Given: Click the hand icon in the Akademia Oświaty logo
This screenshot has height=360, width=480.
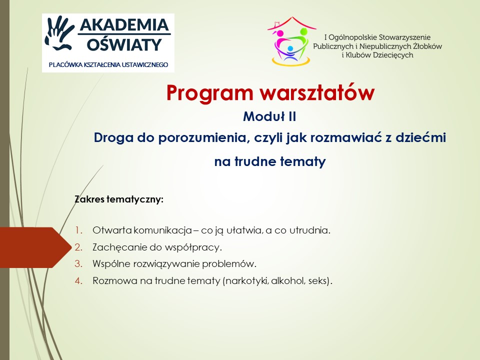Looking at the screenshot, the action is [x=59, y=33].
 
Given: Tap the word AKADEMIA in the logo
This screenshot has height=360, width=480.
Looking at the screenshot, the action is [x=124, y=25].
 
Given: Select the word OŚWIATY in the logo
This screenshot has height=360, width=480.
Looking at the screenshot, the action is [x=124, y=44].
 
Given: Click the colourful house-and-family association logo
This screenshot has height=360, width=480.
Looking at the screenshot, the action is [x=291, y=41].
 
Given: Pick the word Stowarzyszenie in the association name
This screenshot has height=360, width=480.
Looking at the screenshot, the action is [x=404, y=37].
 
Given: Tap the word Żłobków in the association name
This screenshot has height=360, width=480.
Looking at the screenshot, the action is [x=427, y=46].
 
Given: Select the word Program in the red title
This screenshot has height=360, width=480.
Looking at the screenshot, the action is [x=209, y=93].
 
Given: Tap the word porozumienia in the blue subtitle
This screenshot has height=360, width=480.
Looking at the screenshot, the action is [x=202, y=138].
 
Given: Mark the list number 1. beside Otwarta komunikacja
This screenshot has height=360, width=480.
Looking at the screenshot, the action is [x=79, y=230].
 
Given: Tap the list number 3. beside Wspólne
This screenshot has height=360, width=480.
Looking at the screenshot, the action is [x=78, y=264].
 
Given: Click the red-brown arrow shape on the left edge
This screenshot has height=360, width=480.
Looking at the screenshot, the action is [x=35, y=247].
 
